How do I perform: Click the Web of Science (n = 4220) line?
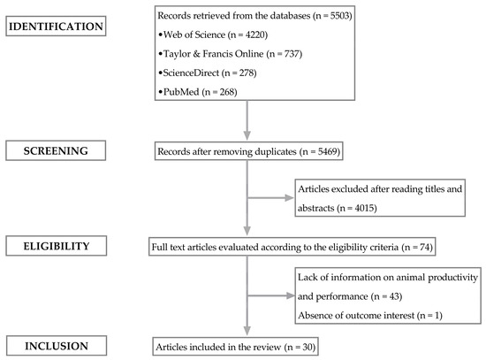205,37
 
